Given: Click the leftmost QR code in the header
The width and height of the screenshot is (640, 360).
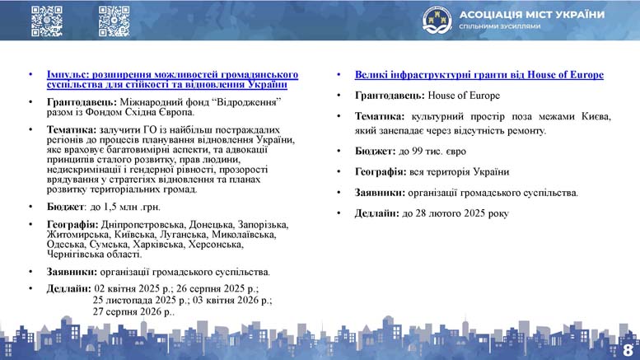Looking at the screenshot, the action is point(47,21).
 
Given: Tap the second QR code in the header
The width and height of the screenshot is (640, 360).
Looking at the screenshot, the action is point(114,21).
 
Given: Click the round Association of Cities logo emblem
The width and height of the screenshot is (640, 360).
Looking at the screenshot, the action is point(437,20).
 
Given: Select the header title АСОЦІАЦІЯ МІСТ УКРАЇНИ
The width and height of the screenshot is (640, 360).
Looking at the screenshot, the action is point(532,15).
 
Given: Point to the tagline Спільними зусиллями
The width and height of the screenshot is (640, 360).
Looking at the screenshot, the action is point(500,26).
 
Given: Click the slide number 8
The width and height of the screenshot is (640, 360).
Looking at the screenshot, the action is point(628,350).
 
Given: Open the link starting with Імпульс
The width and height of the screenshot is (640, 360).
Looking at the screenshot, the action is point(172,80).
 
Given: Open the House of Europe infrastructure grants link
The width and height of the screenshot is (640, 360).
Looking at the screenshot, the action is point(479,75).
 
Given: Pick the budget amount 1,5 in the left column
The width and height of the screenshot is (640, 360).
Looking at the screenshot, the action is point(110,208).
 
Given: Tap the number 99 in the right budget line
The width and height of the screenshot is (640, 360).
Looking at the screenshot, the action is point(417,152).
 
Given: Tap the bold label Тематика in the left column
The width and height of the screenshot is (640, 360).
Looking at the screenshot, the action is point(72,130).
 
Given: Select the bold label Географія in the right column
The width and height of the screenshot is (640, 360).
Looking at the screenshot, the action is point(381,172).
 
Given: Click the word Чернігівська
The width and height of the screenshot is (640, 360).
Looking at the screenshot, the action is point(72,255).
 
